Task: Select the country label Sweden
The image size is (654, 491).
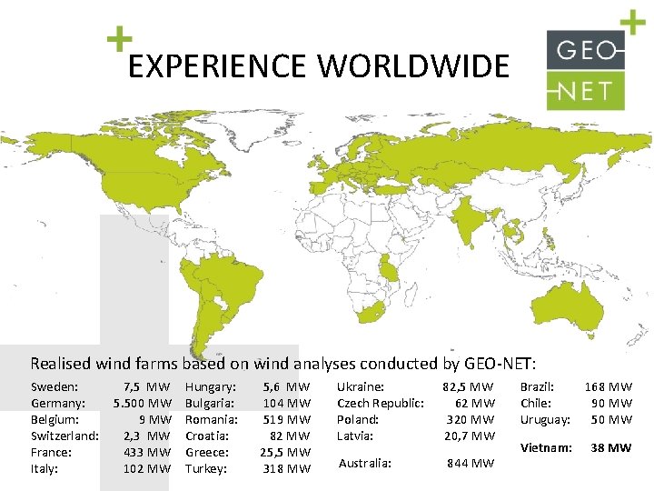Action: point(54,387)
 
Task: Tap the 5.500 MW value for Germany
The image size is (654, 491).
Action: point(143,403)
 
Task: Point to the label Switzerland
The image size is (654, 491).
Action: point(64,436)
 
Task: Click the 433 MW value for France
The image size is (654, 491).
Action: point(147,452)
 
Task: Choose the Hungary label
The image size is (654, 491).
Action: point(211,387)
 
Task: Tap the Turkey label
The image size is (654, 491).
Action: point(207,468)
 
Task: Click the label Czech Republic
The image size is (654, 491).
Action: point(381,403)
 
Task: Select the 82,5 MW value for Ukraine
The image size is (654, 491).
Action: point(469,387)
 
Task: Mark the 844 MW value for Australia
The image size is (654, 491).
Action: point(471,464)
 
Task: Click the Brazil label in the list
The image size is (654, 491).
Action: point(537,387)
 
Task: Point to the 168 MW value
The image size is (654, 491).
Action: point(609,387)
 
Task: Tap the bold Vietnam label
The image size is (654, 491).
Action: point(545,447)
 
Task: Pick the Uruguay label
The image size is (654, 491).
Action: point(545,419)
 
